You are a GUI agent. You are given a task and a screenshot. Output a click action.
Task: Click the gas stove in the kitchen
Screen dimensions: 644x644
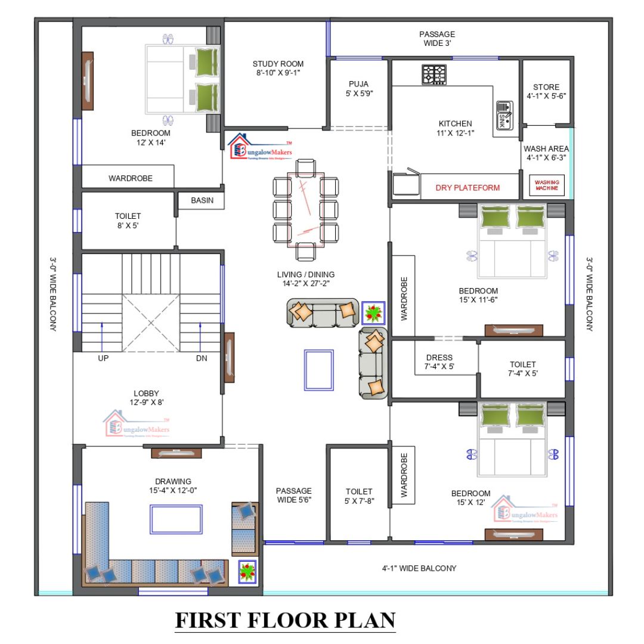pos(435,75)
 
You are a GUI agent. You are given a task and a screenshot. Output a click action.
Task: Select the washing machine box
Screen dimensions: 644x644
pos(547,186)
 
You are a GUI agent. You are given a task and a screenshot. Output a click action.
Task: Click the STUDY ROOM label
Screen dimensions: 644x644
pos(278,68)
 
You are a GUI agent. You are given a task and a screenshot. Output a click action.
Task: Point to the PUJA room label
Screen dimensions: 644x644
pos(358,88)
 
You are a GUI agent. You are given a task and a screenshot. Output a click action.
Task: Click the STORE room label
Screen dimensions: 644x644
pos(546,91)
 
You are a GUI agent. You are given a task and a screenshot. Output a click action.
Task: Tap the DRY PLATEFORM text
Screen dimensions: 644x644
pos(467,188)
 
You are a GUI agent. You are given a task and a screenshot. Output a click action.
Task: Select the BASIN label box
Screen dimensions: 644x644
pos(202,200)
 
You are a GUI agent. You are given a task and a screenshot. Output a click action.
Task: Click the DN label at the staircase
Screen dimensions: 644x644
pos(202,359)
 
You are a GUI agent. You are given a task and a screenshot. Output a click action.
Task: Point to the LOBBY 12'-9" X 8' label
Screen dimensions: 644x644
pos(146,398)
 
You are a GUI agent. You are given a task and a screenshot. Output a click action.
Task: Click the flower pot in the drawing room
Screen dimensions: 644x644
pos(247,572)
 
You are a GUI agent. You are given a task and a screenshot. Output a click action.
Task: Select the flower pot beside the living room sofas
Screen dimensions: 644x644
pos(374,312)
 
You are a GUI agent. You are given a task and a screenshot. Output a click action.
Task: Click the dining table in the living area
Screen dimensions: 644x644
pos(305,209)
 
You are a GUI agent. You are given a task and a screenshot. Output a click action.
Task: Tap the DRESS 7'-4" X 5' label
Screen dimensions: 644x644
pos(439,362)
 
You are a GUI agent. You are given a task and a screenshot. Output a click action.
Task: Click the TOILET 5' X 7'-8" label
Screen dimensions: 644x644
pos(359,496)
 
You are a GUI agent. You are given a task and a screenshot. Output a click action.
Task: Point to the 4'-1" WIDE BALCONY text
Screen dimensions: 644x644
pos(419,568)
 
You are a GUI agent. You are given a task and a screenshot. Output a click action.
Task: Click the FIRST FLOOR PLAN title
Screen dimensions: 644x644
pos(285,620)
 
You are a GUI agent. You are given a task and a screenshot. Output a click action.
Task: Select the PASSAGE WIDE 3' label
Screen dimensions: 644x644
pos(436,39)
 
